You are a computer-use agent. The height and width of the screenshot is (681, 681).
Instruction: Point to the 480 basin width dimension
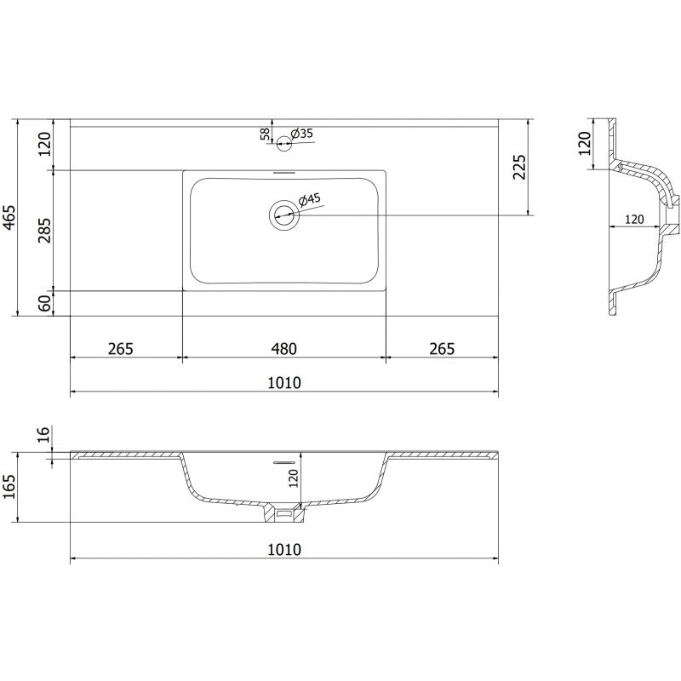point(284,349)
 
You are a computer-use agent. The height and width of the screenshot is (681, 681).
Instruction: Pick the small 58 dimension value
point(265,134)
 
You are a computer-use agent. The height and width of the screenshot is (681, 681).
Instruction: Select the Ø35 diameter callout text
point(302,134)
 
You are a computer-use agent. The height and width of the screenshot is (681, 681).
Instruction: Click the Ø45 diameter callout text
point(310,200)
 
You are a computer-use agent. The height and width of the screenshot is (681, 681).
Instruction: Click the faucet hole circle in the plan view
point(284,144)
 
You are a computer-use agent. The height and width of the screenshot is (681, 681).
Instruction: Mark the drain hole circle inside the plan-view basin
point(283,215)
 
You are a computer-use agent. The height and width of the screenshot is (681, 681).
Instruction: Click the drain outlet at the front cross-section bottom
point(284,513)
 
